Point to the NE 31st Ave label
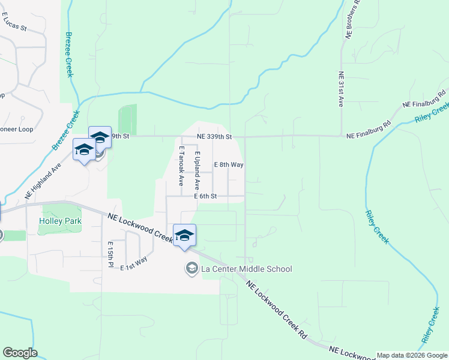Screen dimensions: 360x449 (340, 89)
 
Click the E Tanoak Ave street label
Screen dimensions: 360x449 (180, 166)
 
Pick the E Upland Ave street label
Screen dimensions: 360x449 (196, 170)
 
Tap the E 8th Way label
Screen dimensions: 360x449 (229, 164)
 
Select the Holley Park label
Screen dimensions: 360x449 (59, 221)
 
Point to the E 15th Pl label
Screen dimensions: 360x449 (110, 254)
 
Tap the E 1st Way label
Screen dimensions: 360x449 (133, 263)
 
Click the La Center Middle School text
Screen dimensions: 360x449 (247, 269)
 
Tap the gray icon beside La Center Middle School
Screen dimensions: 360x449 (191, 268)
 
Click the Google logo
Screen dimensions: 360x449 (20, 353)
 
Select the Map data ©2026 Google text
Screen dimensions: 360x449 (411, 355)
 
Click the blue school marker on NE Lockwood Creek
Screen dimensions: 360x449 (184, 235)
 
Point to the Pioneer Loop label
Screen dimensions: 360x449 (16, 129)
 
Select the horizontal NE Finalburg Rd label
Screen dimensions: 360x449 (369, 136)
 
